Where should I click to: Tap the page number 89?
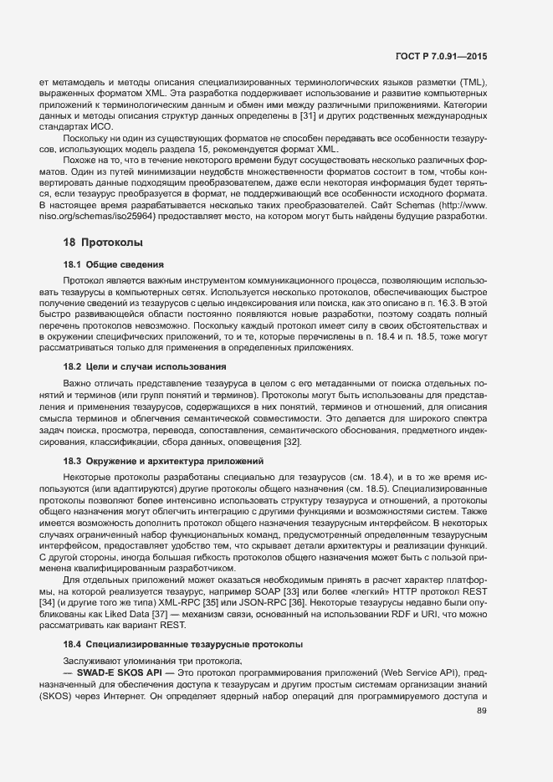(481, 712)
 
